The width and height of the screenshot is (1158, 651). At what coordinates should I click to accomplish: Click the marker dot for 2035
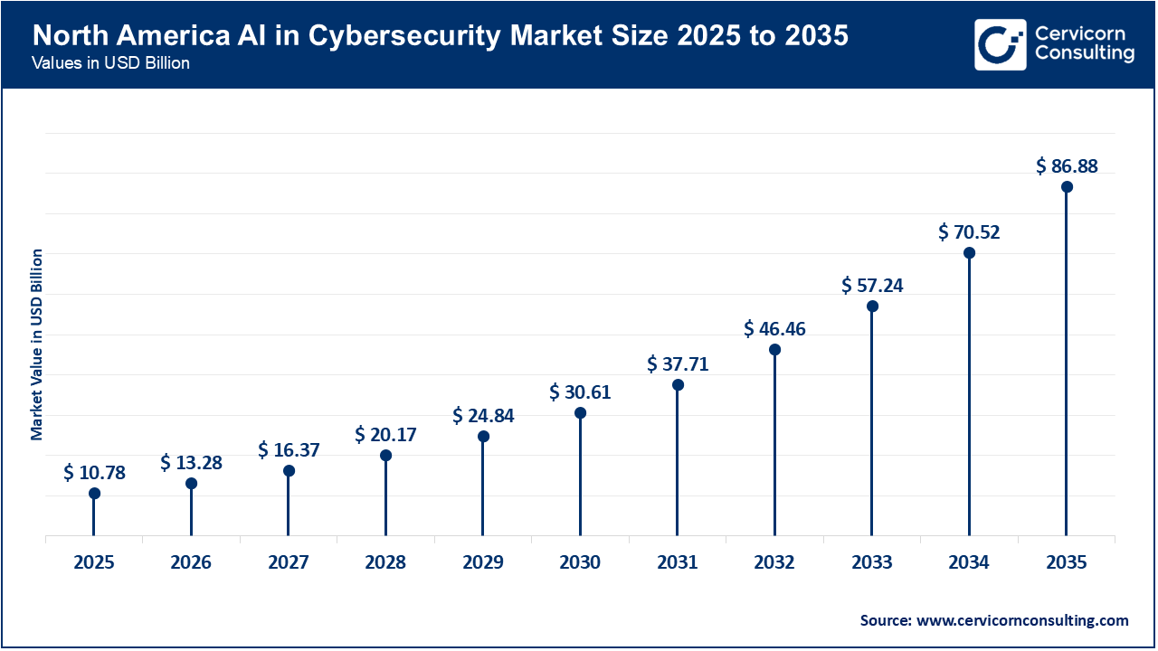pos(1067,187)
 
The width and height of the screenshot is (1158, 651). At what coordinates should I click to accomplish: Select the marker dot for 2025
pos(94,494)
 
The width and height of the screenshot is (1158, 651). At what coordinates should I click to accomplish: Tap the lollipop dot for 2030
pos(580,413)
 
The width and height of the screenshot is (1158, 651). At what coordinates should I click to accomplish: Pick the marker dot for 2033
pos(872,306)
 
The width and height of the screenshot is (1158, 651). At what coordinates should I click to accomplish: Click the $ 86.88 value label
pos(1067,166)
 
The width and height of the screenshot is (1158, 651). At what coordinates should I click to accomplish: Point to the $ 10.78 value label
pos(94,472)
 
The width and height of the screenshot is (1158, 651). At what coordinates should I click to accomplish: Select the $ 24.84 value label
pos(483,415)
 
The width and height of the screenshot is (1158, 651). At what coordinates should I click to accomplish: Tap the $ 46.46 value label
pos(774,328)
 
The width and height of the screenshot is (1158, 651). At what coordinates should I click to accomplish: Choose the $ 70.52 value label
pos(969,232)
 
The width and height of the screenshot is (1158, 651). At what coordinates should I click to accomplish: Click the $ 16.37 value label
pos(289,449)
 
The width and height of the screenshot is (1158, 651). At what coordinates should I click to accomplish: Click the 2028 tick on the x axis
pos(385,562)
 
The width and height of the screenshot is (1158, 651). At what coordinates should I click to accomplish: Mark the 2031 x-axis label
pos(678,562)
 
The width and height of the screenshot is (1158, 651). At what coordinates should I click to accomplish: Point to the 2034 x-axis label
pos(969,562)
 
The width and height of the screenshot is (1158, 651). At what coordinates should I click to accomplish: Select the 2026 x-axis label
pos(191,562)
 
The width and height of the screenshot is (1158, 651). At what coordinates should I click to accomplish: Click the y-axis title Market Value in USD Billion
pos(37,344)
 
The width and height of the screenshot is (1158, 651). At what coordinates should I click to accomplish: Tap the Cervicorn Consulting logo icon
pos(999,44)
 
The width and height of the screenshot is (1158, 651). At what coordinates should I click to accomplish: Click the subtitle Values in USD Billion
pos(110,64)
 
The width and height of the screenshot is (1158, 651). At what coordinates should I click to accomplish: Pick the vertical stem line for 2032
pos(774,443)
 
